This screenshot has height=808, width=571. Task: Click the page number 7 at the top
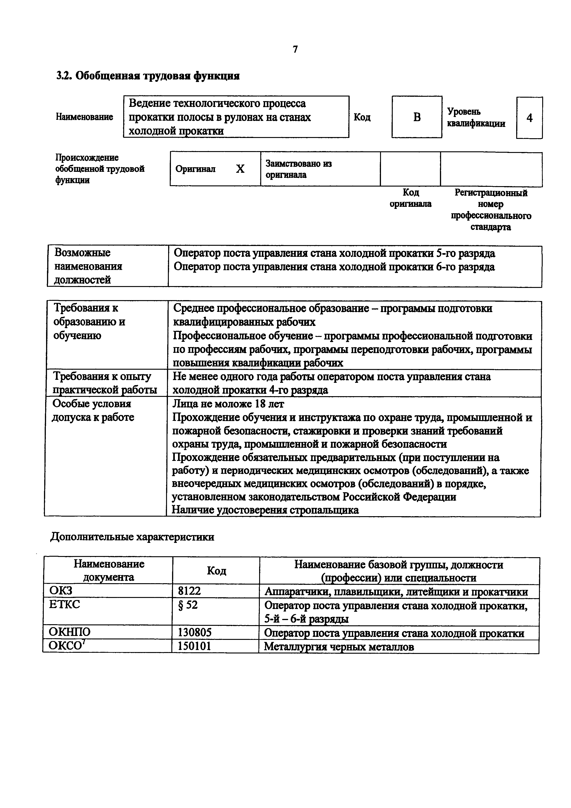(x=295, y=50)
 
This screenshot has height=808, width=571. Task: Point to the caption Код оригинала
(x=410, y=198)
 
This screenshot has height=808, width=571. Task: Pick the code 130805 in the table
(x=195, y=633)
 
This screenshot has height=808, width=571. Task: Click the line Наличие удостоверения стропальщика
(x=265, y=510)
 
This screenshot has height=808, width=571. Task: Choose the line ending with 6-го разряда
(x=334, y=267)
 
